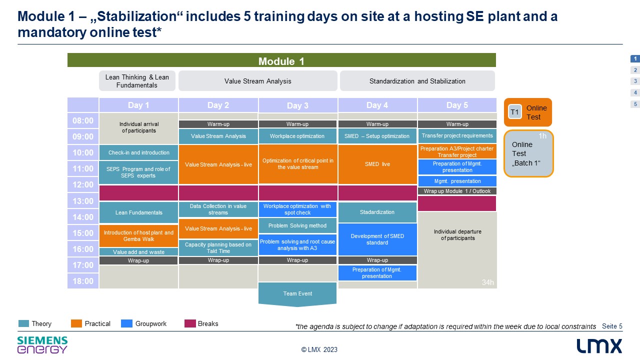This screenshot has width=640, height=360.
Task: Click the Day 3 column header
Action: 297,105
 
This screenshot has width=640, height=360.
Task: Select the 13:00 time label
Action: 83,201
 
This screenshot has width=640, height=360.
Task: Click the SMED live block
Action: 377,164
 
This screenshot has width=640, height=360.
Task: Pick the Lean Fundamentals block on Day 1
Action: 138,212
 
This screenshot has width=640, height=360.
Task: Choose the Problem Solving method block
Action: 297,225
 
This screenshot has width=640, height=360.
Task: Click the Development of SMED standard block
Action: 377,239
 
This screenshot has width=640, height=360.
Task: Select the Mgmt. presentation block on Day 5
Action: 457,181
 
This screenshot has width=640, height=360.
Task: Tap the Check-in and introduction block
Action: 138,152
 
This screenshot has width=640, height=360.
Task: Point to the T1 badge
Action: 515,112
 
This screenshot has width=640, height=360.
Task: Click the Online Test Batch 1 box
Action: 528,153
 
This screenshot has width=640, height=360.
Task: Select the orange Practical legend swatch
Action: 76,323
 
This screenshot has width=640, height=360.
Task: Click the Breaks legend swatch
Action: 190,323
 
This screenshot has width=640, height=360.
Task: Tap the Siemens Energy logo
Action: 42,345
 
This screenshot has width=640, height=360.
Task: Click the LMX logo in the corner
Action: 599,346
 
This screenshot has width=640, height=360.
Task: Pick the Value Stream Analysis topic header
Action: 257,81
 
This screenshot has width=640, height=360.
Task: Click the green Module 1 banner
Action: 281,60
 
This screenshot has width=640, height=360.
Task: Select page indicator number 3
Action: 635,81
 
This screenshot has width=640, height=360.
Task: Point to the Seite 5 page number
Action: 612,326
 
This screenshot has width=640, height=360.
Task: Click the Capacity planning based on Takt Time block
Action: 218,247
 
